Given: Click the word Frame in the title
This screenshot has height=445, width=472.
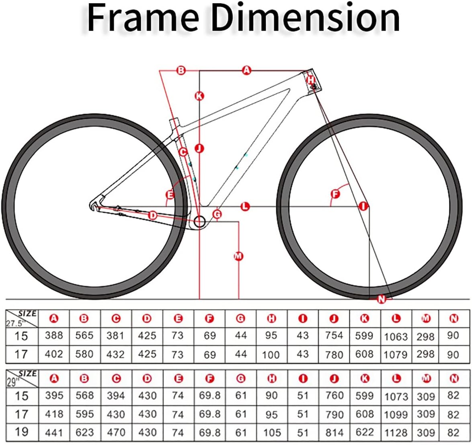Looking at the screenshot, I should (142, 18).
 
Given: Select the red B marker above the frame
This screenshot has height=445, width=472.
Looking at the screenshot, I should (181, 71).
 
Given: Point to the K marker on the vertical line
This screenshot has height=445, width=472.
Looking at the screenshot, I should (199, 96).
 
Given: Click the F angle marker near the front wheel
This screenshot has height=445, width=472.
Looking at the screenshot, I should (335, 194).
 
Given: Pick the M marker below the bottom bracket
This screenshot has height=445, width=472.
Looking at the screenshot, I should (238, 256).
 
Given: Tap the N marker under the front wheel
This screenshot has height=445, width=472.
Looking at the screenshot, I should (382, 299).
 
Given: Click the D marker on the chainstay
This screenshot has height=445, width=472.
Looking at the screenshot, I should (153, 215).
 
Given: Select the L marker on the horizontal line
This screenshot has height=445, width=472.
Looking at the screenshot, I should (245, 207).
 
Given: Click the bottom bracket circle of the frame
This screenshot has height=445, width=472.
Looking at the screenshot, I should (200, 221).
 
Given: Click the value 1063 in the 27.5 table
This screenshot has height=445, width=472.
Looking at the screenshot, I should (396, 336).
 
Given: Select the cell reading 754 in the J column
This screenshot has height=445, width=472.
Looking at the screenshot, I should (334, 335).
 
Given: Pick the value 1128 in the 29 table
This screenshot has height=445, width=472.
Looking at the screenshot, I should (396, 433).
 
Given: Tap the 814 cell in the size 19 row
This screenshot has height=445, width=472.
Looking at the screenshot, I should (334, 433).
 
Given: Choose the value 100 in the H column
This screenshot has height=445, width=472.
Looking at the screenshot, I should (271, 355).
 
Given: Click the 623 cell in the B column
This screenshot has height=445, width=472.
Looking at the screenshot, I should (84, 433).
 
